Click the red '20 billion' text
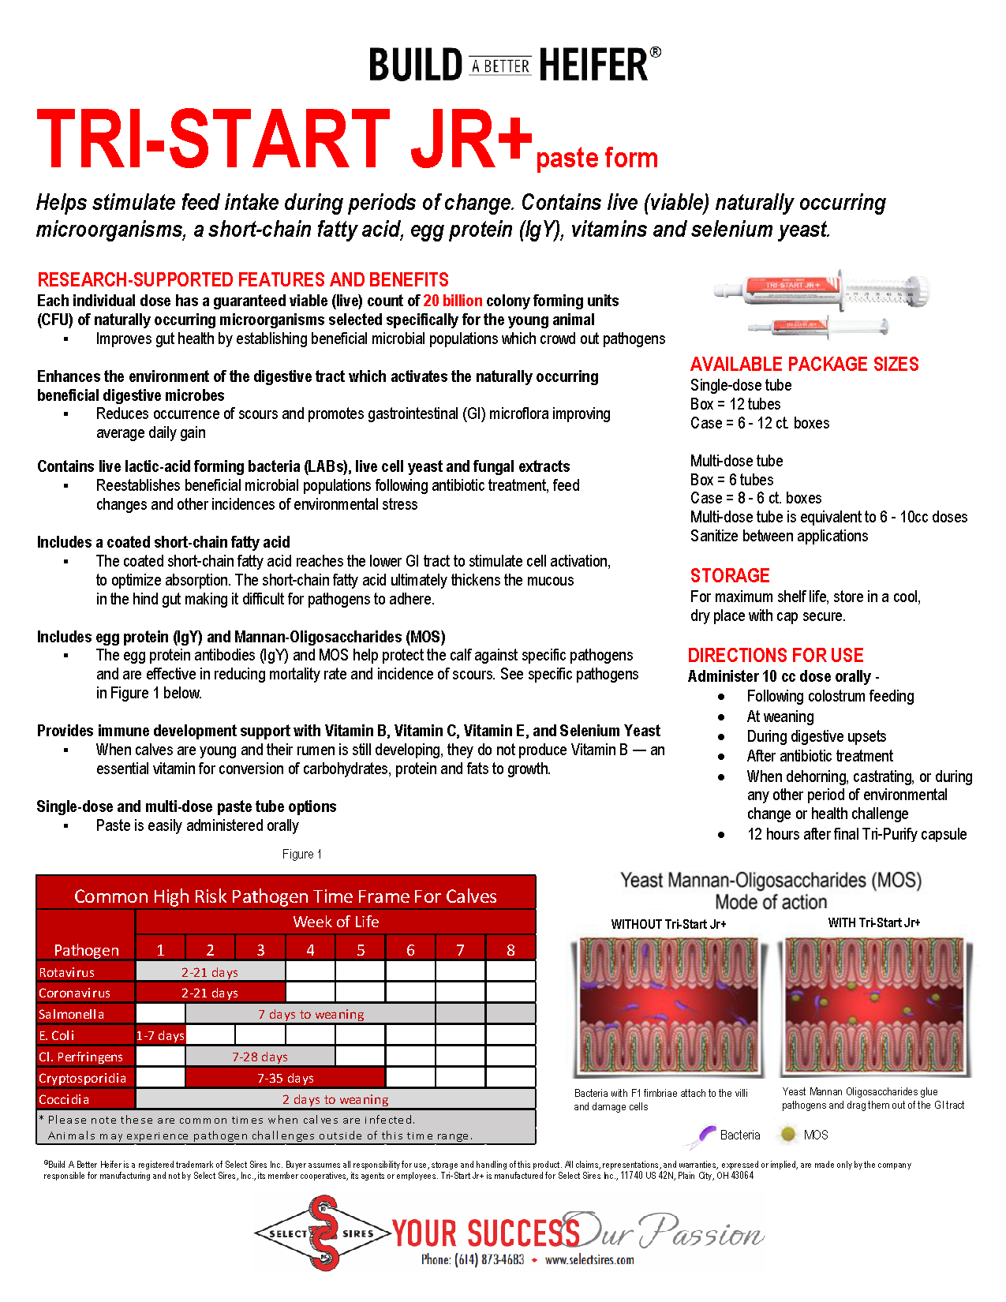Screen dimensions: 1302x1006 [452, 301]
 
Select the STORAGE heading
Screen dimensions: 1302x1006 [729, 575]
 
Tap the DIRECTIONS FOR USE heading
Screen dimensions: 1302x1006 [775, 655]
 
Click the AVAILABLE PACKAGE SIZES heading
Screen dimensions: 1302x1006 [804, 364]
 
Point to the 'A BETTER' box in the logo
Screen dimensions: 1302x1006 [500, 66]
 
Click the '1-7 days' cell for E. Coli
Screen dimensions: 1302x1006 [160, 1035]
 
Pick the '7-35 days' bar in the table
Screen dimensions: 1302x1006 [285, 1078]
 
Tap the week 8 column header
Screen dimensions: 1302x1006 [510, 949]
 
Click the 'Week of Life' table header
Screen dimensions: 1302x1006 [335, 922]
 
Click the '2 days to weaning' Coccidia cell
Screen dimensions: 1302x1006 [335, 1099]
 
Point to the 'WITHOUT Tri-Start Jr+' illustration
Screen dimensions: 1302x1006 [668, 1006]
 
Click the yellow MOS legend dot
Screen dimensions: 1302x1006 [787, 1135]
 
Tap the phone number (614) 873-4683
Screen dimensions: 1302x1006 [472, 1259]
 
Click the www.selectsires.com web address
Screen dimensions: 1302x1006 [589, 1259]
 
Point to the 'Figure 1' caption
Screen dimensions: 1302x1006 [301, 854]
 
